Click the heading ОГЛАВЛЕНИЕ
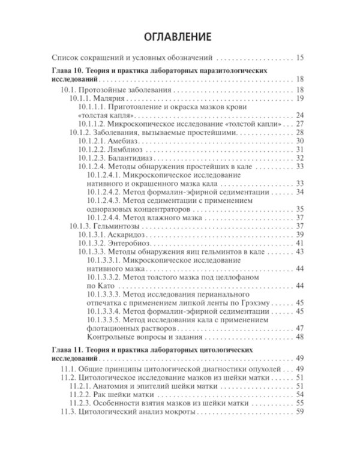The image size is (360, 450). (179, 37)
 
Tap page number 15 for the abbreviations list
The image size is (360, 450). (300, 58)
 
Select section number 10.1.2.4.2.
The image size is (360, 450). (107, 191)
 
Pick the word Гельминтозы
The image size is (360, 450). (118, 226)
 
